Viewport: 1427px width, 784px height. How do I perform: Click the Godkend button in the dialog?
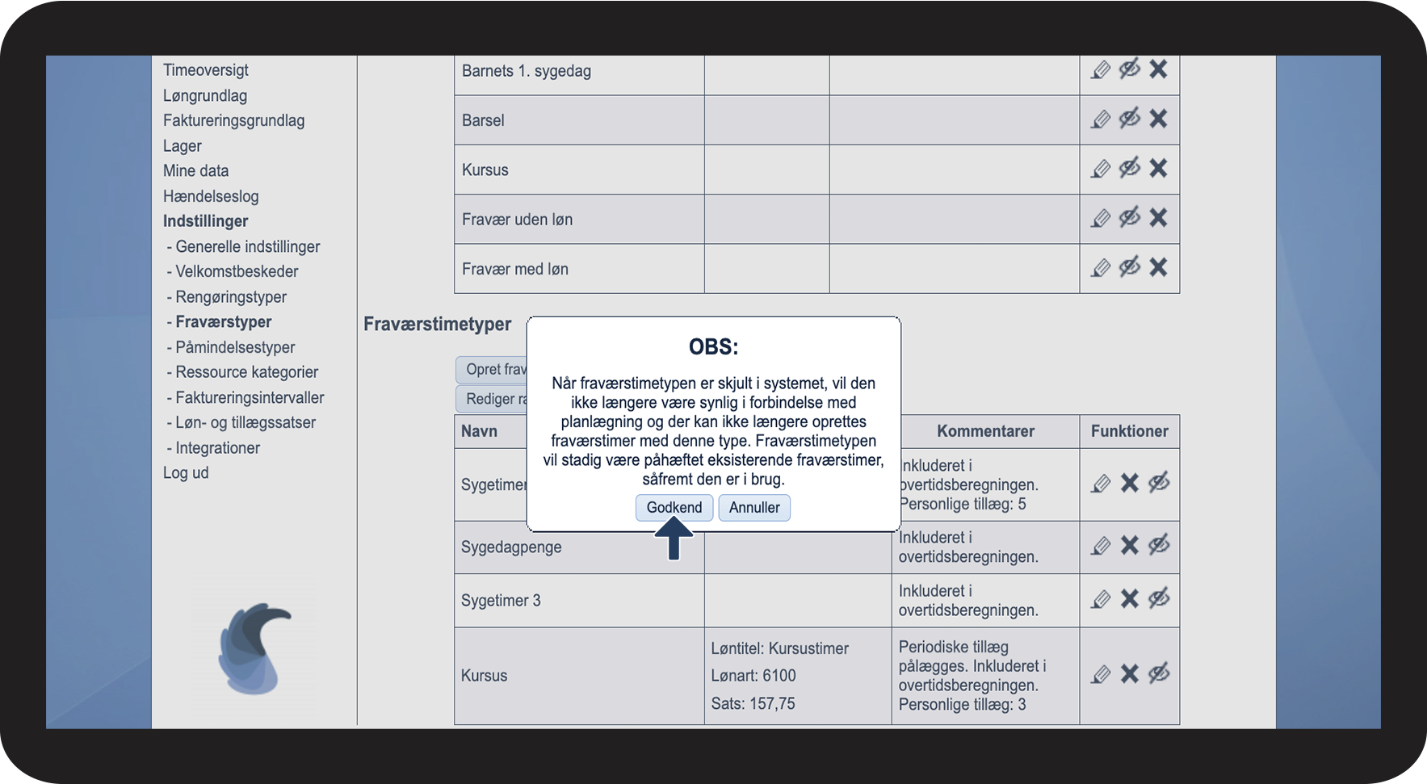point(674,508)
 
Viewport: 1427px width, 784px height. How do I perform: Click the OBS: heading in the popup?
point(713,347)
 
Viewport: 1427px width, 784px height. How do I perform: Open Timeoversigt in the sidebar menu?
point(205,70)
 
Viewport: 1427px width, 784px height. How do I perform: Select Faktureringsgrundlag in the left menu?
point(233,121)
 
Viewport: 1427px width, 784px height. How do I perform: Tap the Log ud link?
point(186,473)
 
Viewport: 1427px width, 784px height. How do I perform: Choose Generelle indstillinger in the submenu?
point(247,247)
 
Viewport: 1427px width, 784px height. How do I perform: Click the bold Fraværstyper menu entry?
point(223,322)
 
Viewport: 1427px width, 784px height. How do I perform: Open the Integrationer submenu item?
point(217,448)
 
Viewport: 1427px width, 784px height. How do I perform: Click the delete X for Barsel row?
point(1158,119)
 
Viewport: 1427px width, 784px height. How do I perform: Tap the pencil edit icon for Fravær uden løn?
point(1100,219)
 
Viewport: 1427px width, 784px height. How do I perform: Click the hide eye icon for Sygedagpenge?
point(1159,546)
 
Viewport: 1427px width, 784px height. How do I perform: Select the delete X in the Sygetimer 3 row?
point(1129,599)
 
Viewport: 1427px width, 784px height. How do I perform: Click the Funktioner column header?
point(1129,431)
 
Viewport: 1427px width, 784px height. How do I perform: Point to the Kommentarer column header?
point(985,431)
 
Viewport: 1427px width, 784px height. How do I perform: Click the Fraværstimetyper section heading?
point(437,325)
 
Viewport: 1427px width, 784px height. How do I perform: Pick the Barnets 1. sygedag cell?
point(527,71)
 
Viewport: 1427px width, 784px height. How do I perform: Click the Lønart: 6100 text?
point(753,676)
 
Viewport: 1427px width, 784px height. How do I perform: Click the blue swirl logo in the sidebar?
point(254,649)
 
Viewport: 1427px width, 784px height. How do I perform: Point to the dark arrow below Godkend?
point(674,539)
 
